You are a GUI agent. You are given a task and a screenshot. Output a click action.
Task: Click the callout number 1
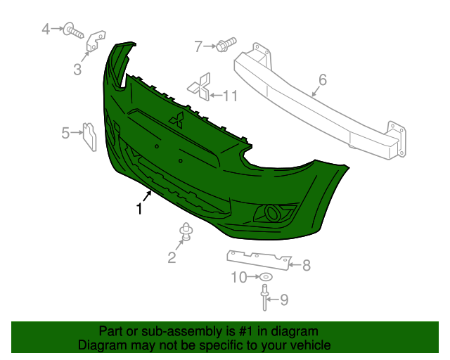(139, 209)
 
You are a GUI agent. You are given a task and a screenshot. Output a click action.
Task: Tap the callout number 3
(77, 70)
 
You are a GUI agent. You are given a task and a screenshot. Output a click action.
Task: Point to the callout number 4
(46, 30)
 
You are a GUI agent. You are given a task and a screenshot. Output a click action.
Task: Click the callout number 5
(65, 132)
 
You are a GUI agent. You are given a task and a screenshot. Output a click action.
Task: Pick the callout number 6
(322, 80)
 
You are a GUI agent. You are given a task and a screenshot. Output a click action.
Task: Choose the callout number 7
(199, 46)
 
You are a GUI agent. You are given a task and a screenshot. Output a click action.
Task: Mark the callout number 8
(306, 265)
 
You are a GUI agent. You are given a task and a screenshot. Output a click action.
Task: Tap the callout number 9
(284, 300)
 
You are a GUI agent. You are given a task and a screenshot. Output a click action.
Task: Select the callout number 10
(238, 278)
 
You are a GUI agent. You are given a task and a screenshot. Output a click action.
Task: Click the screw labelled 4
(73, 30)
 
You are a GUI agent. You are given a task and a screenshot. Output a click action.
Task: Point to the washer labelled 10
(266, 277)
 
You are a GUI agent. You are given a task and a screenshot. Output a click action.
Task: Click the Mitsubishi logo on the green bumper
(176, 120)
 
